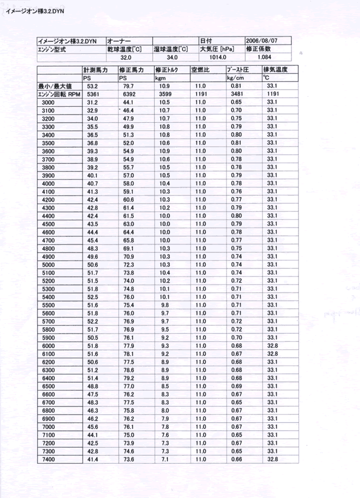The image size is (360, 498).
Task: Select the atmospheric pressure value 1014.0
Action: [218, 57]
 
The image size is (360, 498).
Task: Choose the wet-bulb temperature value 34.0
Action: [172, 57]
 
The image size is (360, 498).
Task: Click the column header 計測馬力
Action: [95, 70]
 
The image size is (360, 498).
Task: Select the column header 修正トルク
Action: [166, 70]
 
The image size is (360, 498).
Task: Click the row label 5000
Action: [48, 264]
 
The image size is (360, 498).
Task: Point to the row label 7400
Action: [48, 459]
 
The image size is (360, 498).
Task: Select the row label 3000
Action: [48, 102]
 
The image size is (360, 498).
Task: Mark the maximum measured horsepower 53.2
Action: [92, 86]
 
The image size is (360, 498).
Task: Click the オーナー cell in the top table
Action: [119, 41]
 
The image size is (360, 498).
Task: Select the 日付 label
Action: [206, 41]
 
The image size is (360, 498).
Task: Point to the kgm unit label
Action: [160, 79]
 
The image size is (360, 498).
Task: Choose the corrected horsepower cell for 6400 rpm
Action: [128, 378]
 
